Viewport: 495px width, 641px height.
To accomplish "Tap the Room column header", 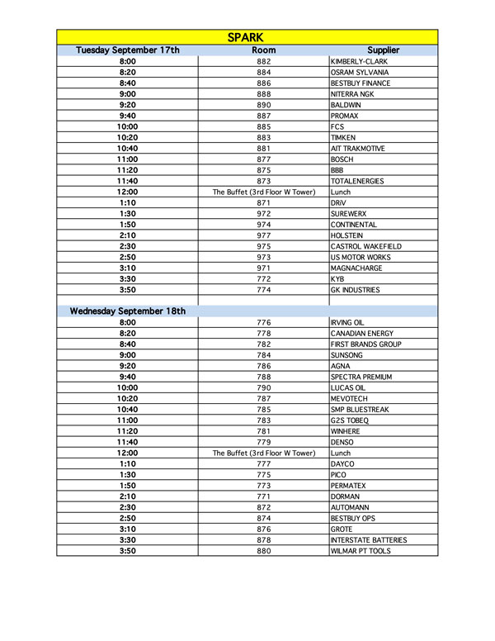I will pyautogui.click(x=263, y=50).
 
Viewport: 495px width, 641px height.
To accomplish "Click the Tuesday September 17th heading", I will pyautogui.click(x=128, y=50).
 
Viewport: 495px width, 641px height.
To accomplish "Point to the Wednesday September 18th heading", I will pyautogui.click(x=128, y=311).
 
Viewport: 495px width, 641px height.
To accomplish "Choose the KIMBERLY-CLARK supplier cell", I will pyautogui.click(x=359, y=62).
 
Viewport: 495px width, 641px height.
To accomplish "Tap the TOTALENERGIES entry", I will pyautogui.click(x=357, y=181).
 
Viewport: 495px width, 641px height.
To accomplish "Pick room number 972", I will pyautogui.click(x=263, y=213).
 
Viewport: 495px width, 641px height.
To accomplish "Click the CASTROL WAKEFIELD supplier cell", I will pyautogui.click(x=365, y=246).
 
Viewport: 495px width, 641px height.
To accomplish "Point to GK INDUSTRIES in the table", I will pyautogui.click(x=356, y=290).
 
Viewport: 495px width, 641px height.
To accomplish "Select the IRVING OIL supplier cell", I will pyautogui.click(x=348, y=322).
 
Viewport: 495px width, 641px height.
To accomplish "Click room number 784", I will pyautogui.click(x=263, y=355).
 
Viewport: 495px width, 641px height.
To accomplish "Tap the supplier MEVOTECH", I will pyautogui.click(x=350, y=398).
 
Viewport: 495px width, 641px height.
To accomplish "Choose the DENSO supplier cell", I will pyautogui.click(x=342, y=442).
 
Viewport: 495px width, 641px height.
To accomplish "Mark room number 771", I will pyautogui.click(x=263, y=496).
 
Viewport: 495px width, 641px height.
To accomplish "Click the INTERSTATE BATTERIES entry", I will pyautogui.click(x=368, y=540).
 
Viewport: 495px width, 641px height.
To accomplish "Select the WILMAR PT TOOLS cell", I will pyautogui.click(x=361, y=551).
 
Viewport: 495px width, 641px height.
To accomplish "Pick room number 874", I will pyautogui.click(x=263, y=518).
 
